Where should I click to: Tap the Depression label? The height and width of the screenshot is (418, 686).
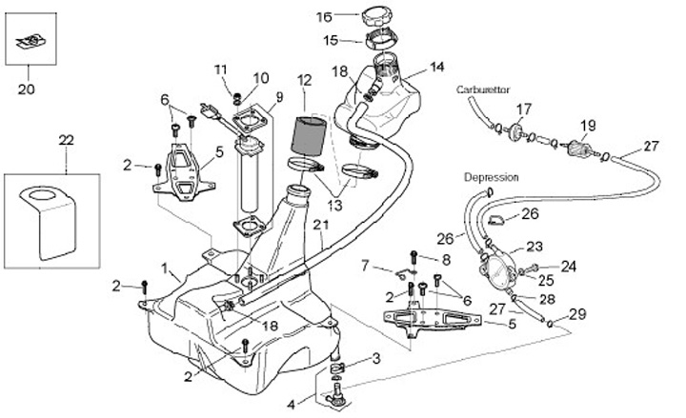click(491, 178)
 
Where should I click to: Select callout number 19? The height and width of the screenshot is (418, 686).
click(588, 125)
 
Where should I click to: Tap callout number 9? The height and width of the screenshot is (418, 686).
click(280, 96)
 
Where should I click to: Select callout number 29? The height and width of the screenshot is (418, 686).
click(577, 313)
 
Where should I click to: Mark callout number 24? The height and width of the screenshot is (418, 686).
click(569, 267)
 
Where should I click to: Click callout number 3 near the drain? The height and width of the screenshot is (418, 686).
click(376, 358)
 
